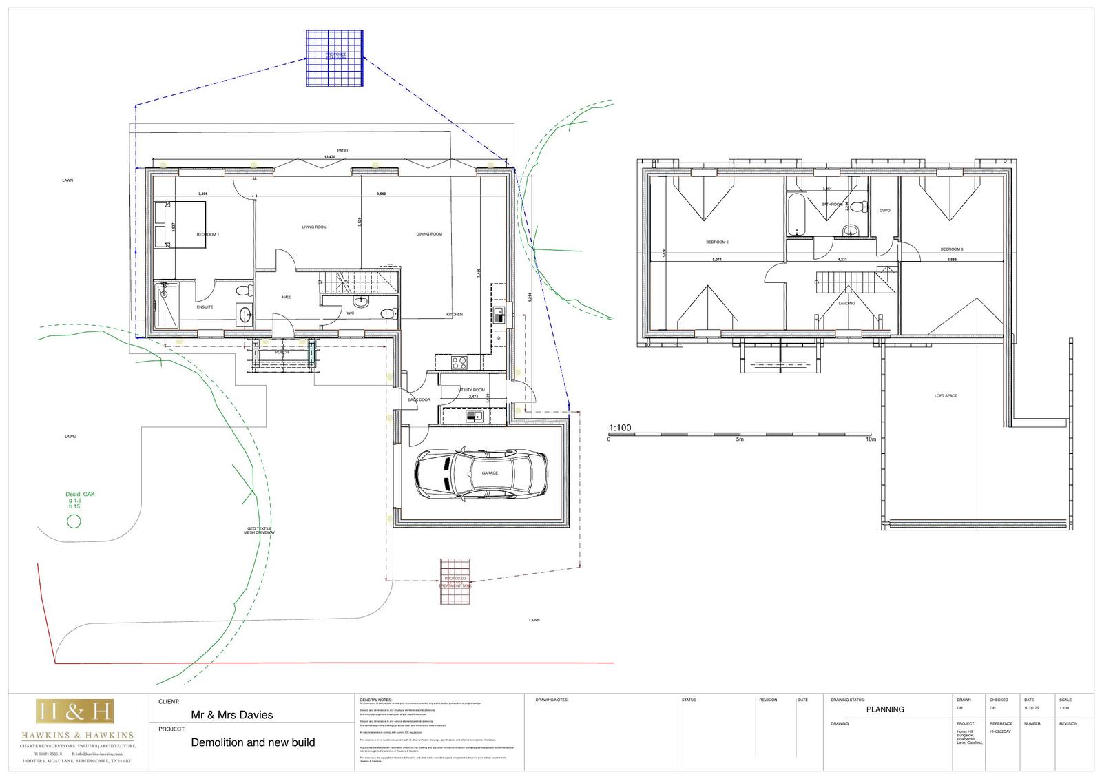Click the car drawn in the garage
[x=481, y=474]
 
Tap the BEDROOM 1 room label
[x=207, y=235]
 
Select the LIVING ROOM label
[x=314, y=227]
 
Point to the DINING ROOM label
[x=429, y=234]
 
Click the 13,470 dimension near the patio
[x=329, y=157]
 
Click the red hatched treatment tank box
[x=456, y=582]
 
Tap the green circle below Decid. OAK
[x=73, y=521]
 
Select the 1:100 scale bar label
[x=620, y=428]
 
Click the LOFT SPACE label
[x=946, y=396]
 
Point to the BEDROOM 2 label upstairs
[x=717, y=242]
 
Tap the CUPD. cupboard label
[x=885, y=211]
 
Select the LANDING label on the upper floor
[x=846, y=304]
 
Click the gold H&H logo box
[x=76, y=712]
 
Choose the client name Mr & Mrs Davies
[x=231, y=715]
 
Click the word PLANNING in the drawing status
[x=885, y=709]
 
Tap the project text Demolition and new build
[x=253, y=742]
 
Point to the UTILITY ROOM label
[x=472, y=390]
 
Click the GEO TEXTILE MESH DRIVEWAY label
[x=260, y=530]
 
